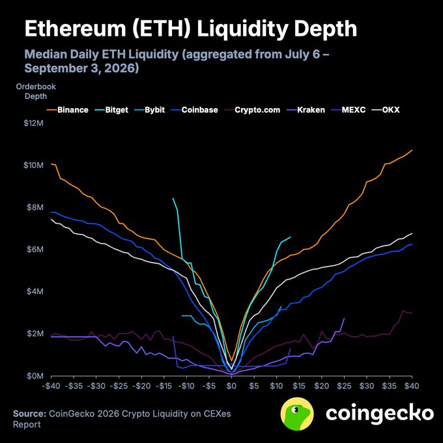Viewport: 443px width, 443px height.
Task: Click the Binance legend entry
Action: pyautogui.click(x=68, y=110)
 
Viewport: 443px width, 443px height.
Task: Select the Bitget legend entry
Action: pyautogui.click(x=111, y=110)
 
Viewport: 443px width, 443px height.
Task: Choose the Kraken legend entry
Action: pyautogui.click(x=306, y=110)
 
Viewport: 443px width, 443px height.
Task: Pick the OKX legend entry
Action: pyautogui.click(x=386, y=110)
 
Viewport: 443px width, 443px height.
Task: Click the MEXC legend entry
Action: pyautogui.click(x=348, y=110)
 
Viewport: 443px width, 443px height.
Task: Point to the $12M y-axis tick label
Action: pyautogui.click(x=34, y=123)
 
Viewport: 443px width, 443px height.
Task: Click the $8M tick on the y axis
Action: pyautogui.click(x=35, y=207)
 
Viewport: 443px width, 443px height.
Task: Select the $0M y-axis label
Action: pyautogui.click(x=35, y=376)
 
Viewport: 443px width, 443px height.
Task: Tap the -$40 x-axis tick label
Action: pyautogui.click(x=51, y=386)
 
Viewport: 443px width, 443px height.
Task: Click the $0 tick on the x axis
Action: pyautogui.click(x=231, y=386)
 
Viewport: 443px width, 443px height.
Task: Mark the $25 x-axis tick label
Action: pyautogui.click(x=344, y=386)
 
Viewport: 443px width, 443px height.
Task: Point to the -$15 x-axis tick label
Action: pyautogui.click(x=164, y=386)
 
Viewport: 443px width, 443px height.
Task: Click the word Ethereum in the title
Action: pyautogui.click(x=75, y=29)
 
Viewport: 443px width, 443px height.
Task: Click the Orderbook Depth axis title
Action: pyautogui.click(x=36, y=91)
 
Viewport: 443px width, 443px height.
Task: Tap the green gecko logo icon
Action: pyautogui.click(x=297, y=414)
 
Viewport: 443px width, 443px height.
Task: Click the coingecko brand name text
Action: pyautogui.click(x=380, y=414)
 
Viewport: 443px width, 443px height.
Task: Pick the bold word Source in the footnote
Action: pyautogui.click(x=29, y=414)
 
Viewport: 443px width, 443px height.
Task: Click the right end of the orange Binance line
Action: pyautogui.click(x=412, y=150)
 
